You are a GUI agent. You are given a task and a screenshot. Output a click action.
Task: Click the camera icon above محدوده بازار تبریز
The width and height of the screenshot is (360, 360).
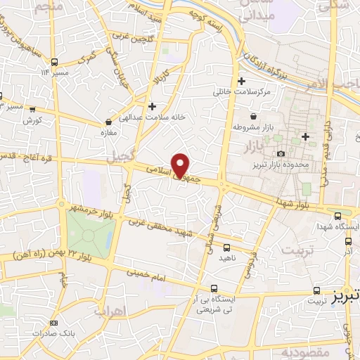(x=281, y=153)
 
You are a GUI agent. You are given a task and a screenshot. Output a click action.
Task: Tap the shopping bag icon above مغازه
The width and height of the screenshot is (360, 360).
(x=108, y=122)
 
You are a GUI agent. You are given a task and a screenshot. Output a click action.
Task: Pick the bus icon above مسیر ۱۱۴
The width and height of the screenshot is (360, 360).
(x=55, y=61)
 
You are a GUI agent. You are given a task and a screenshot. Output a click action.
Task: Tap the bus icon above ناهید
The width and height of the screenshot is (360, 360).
(x=226, y=247)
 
